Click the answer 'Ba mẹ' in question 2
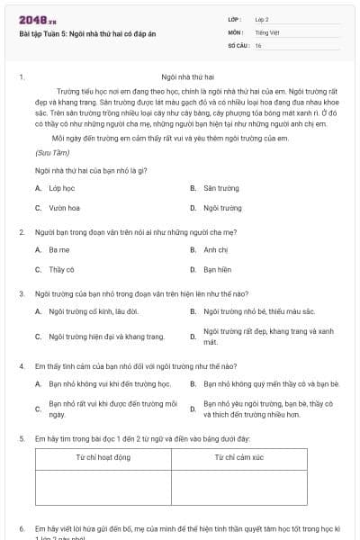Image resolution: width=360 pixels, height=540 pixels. pyautogui.click(x=58, y=249)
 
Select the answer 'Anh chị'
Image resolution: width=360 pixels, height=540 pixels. pyautogui.click(x=215, y=249)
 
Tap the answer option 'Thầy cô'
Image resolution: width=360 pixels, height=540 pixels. pyautogui.click(x=61, y=269)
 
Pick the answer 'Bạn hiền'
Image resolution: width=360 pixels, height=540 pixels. pyautogui.click(x=217, y=269)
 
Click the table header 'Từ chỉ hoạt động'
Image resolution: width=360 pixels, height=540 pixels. pyautogui.click(x=103, y=457)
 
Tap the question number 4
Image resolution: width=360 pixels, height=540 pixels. pyautogui.click(x=21, y=366)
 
